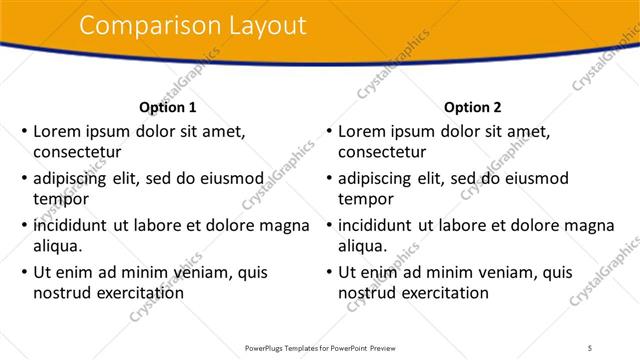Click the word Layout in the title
[x=264, y=26]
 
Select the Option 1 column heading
[x=167, y=107]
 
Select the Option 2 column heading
[x=472, y=107]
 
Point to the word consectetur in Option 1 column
[x=77, y=152]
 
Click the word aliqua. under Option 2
[x=364, y=246]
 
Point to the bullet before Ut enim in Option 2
[x=328, y=272]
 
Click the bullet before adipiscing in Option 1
[x=23, y=178]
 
